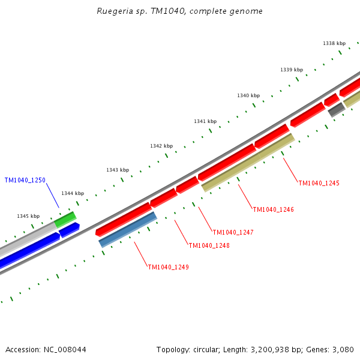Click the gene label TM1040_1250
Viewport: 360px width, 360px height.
pos(25,180)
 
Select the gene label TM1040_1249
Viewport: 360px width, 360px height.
pos(168,267)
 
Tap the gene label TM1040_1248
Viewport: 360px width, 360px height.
pos(209,245)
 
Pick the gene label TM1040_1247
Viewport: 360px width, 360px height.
pos(233,232)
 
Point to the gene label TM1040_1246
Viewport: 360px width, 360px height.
pos(273,210)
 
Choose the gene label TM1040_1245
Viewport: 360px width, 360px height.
pos(319,183)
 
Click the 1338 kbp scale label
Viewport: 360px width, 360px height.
pos(334,43)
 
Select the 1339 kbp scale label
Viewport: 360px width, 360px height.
pos(292,70)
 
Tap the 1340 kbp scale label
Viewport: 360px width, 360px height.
pos(248,95)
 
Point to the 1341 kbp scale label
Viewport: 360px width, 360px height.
pos(205,121)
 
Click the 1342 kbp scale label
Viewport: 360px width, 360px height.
pos(161,146)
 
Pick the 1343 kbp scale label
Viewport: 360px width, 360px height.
pos(118,170)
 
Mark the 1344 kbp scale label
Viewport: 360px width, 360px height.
pos(73,193)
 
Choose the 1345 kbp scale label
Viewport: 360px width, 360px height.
pos(28,216)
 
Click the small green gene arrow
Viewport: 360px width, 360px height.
pos(65,219)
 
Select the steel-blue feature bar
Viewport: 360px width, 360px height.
pos(128,229)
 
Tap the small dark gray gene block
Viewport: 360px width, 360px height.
pos(336,110)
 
